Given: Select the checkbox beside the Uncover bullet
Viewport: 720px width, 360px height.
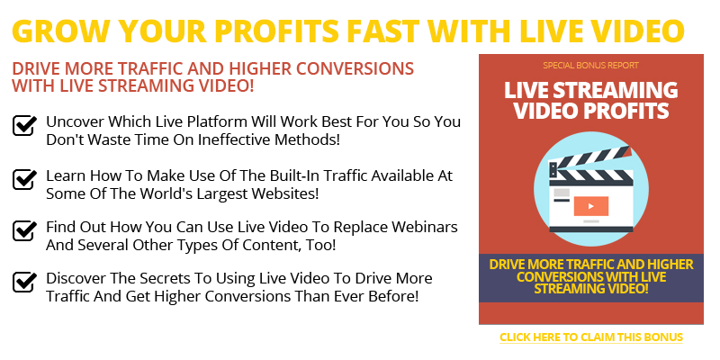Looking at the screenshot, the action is [24, 125].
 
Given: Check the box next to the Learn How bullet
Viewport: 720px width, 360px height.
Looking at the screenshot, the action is [24, 178].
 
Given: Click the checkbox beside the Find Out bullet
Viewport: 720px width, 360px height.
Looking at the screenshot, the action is [24, 229].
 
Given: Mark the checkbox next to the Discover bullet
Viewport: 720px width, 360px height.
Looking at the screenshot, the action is [24, 281].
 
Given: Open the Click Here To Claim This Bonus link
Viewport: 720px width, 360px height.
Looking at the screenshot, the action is [591, 337].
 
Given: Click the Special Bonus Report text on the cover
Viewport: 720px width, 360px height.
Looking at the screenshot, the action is [590, 66].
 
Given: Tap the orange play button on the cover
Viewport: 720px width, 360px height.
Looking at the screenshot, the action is [591, 206].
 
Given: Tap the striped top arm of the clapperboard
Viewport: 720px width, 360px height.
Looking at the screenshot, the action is [590, 159].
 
